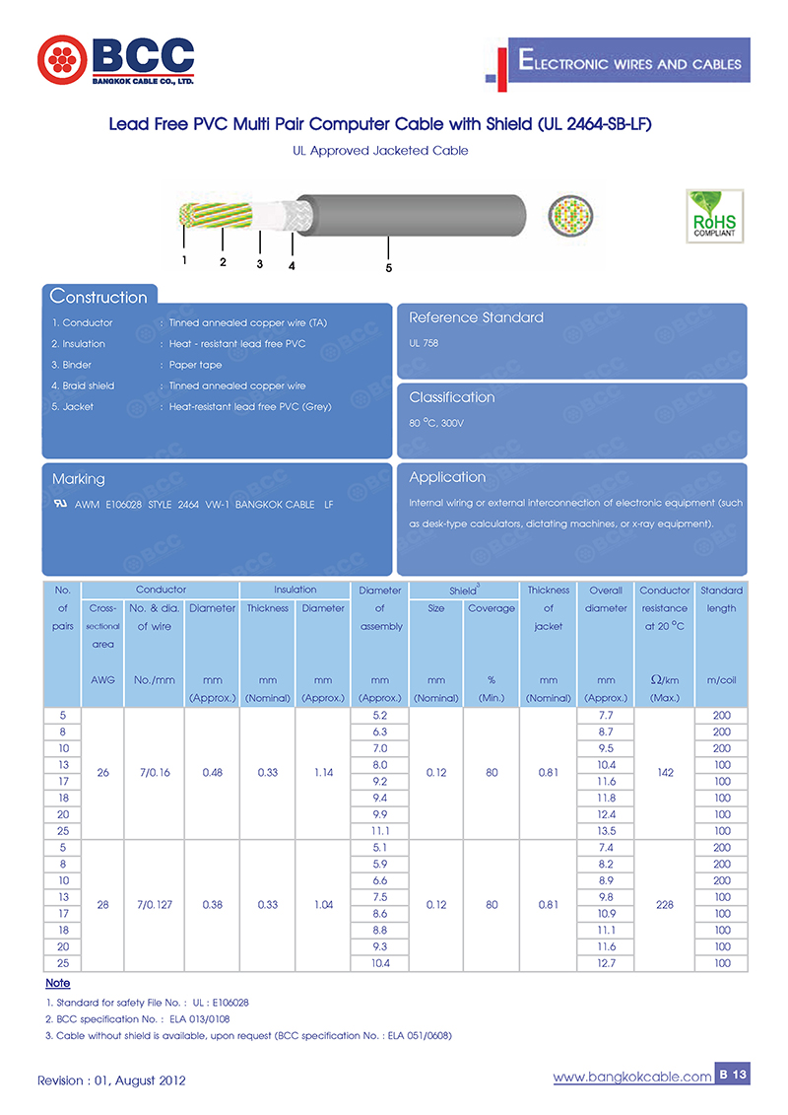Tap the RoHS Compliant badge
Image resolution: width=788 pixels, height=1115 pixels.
pyautogui.click(x=714, y=216)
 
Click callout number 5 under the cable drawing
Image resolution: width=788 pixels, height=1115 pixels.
pyautogui.click(x=389, y=268)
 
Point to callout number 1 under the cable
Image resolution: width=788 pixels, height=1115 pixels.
pyautogui.click(x=184, y=260)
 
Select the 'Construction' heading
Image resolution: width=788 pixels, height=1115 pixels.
pyautogui.click(x=98, y=297)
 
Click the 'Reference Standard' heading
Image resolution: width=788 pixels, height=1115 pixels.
pyautogui.click(x=476, y=317)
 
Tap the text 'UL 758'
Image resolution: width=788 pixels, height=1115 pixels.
pyautogui.click(x=424, y=343)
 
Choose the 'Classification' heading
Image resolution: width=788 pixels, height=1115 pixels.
pyautogui.click(x=451, y=397)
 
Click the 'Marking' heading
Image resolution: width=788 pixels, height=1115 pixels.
pyautogui.click(x=78, y=479)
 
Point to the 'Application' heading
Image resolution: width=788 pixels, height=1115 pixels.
pyautogui.click(x=447, y=477)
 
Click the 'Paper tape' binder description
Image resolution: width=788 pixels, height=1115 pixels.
pyautogui.click(x=195, y=365)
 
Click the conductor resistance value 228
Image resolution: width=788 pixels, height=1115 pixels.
pyautogui.click(x=665, y=904)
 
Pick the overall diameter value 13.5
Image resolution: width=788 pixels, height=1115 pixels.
pyautogui.click(x=606, y=831)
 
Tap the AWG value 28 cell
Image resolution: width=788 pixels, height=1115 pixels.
pyautogui.click(x=102, y=904)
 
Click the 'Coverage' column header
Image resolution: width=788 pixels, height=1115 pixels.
pyautogui.click(x=492, y=608)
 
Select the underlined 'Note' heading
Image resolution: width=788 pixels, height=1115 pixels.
pyautogui.click(x=57, y=984)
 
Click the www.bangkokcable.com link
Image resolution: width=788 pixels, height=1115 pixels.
pyautogui.click(x=631, y=1078)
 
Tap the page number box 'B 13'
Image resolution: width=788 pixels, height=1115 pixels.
pyautogui.click(x=733, y=1075)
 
